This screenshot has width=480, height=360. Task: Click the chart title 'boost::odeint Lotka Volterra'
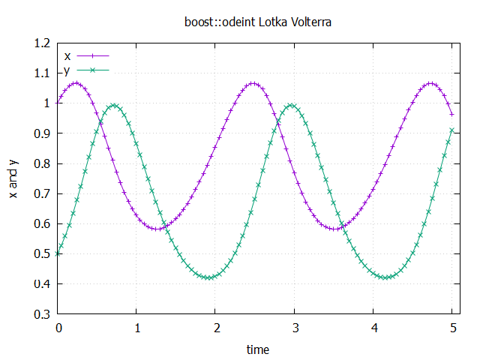pyautogui.click(x=258, y=22)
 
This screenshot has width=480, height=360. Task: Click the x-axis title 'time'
pyautogui.click(x=258, y=349)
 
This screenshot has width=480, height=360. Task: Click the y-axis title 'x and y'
pyautogui.click(x=13, y=178)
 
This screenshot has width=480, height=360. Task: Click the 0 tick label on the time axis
pyautogui.click(x=58, y=328)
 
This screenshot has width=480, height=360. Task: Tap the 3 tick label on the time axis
pyautogui.click(x=295, y=328)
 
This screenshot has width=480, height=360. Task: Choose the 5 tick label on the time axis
pyautogui.click(x=452, y=328)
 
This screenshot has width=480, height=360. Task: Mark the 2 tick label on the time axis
pyautogui.click(x=216, y=328)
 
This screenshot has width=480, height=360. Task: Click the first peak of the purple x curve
pyautogui.click(x=76, y=83)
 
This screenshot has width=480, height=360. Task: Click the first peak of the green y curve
pyautogui.click(x=114, y=106)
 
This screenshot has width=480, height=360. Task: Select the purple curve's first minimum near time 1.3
pyautogui.click(x=157, y=229)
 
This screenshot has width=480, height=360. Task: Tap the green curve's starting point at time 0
pyautogui.click(x=58, y=253)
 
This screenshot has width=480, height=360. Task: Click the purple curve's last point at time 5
pyautogui.click(x=452, y=114)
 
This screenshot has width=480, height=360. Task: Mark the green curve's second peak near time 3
pyautogui.click(x=292, y=106)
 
